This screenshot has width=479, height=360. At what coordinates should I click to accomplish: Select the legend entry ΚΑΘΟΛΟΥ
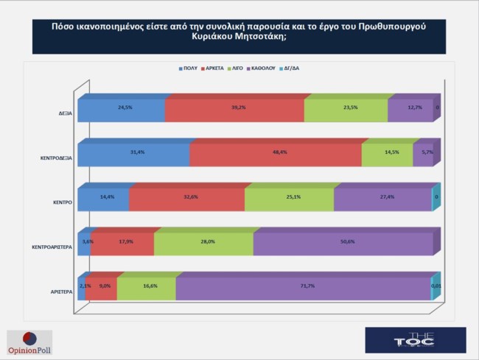point(263,68)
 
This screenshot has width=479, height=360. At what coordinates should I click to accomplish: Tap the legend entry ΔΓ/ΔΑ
point(293,68)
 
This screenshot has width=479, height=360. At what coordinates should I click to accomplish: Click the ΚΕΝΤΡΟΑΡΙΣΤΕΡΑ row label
point(51,247)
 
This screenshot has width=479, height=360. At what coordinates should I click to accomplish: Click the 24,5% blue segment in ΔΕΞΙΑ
point(122,110)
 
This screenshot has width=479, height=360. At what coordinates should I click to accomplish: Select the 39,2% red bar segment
point(234,110)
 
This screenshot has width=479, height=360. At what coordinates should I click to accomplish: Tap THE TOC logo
point(415,339)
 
